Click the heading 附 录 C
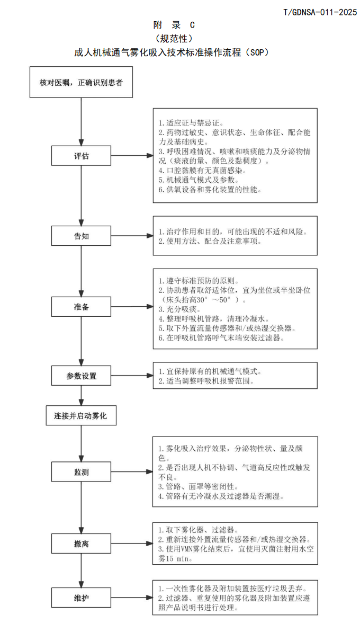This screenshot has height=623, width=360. (174, 25)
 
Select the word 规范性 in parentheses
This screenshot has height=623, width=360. (174, 39)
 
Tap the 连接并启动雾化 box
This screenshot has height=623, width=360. (81, 416)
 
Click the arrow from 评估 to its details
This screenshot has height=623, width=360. (132, 156)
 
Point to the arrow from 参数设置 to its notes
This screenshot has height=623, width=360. (132, 376)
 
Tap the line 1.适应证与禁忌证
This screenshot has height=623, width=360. (188, 123)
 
